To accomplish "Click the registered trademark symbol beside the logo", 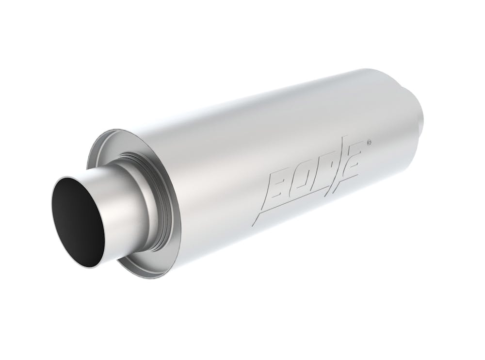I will [x=370, y=142].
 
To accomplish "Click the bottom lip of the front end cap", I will [x=145, y=275].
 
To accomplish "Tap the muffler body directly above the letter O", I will [x=291, y=146].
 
